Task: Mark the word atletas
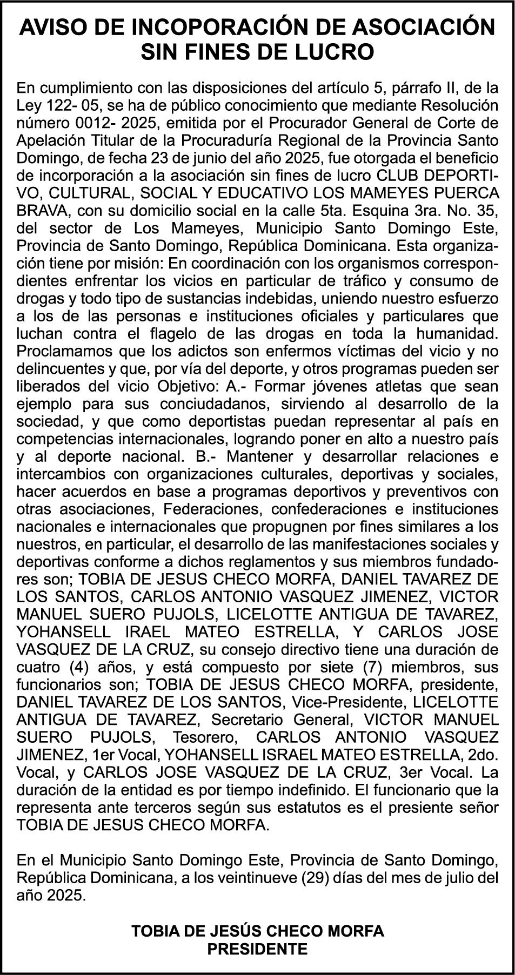pos(404,386)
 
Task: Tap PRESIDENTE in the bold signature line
pos(258,949)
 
